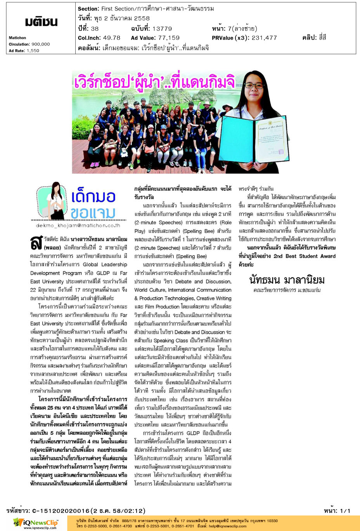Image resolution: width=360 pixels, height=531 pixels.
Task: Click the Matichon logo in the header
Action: click(41, 22)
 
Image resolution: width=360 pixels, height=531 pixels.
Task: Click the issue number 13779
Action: click(162, 28)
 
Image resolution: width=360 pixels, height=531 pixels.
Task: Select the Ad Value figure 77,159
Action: click(169, 38)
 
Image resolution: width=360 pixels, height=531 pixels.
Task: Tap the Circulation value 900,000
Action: click(41, 44)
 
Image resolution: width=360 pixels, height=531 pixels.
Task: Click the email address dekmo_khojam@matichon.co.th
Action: click(78, 225)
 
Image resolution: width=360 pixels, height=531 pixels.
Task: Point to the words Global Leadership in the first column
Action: click(105, 264)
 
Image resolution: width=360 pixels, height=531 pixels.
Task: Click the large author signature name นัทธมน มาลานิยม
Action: click(287, 279)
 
